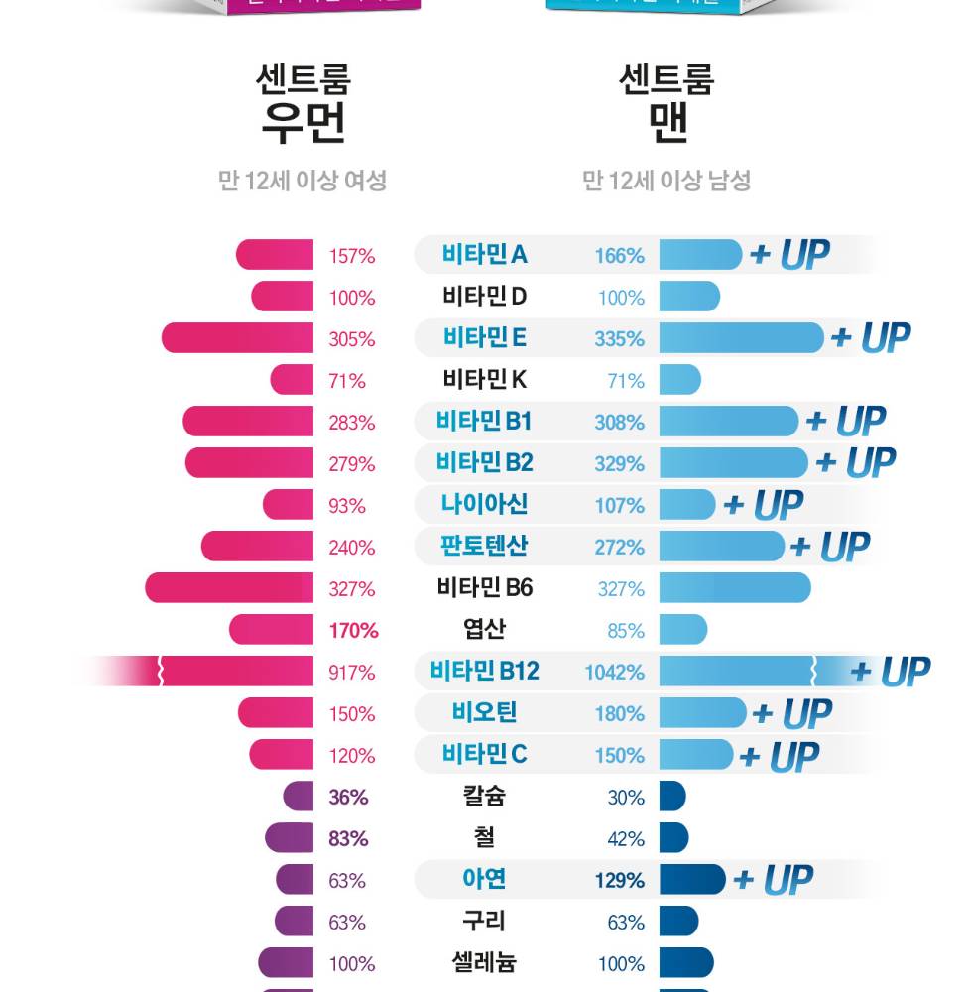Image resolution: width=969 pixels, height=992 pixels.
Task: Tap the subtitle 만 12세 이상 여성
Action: (303, 181)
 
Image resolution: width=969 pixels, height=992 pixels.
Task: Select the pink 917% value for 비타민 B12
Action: (352, 673)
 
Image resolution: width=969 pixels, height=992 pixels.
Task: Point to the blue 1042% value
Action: (614, 673)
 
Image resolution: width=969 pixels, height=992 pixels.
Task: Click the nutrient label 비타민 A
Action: (485, 255)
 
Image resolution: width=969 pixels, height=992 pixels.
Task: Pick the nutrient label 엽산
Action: (485, 629)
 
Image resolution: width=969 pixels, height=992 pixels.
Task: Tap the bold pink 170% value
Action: (353, 631)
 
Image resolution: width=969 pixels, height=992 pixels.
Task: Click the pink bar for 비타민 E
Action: (238, 338)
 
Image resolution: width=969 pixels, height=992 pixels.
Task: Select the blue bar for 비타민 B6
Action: (734, 588)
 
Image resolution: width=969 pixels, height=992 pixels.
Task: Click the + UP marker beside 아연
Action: (773, 880)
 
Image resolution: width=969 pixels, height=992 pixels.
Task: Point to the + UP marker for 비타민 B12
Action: (890, 673)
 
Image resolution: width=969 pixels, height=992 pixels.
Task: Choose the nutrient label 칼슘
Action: (485, 796)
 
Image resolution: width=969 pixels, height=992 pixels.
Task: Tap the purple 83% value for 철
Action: (348, 839)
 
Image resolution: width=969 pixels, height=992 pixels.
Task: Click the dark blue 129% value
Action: (619, 881)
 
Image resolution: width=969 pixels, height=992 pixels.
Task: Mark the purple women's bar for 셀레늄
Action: (287, 963)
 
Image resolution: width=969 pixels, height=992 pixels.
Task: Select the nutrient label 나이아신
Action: (485, 504)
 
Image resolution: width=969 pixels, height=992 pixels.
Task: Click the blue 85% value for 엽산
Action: (626, 631)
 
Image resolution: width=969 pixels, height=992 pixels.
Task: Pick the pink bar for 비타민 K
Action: (293, 380)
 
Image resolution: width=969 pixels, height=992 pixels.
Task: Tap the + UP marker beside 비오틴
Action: (791, 713)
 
